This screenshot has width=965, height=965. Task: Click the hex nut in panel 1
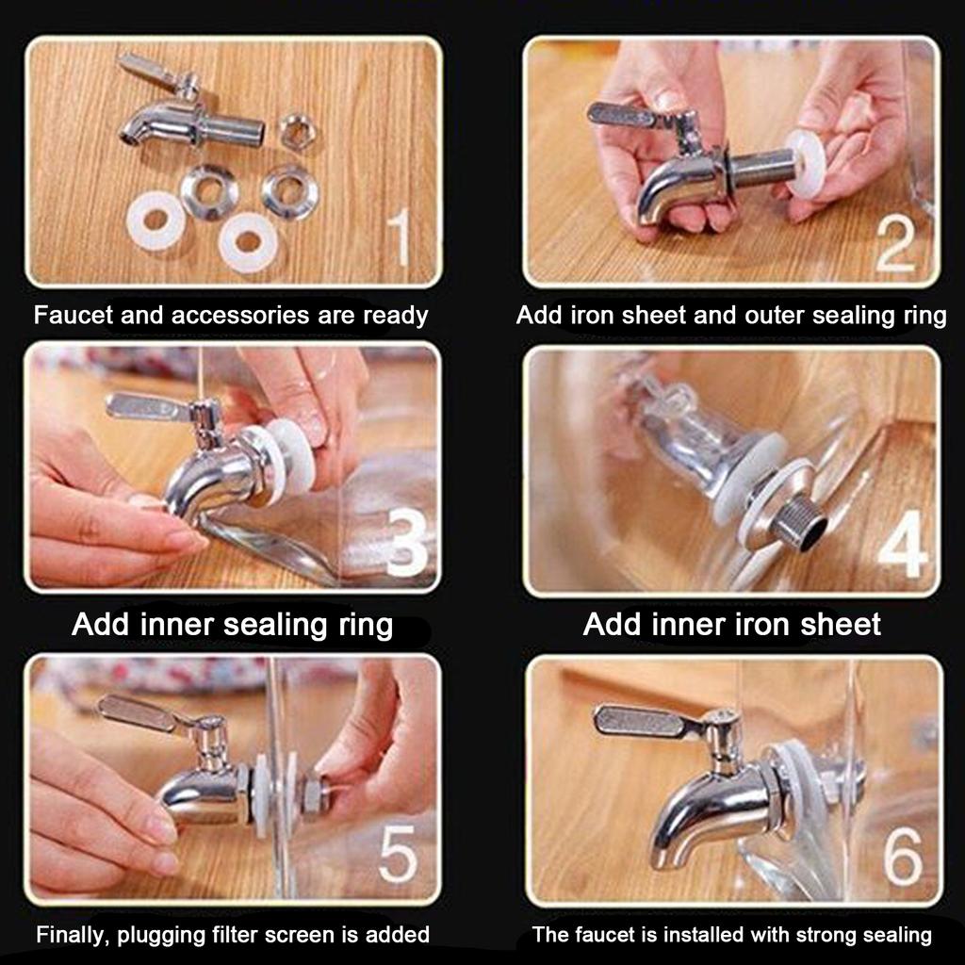tap(298, 130)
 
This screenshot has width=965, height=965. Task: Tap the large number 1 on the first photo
tap(400, 237)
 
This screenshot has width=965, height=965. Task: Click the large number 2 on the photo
tap(896, 244)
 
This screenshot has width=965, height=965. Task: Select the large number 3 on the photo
tap(407, 544)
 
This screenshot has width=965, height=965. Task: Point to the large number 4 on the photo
tap(903, 544)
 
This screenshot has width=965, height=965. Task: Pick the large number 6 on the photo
tap(903, 856)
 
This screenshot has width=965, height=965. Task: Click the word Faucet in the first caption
tap(74, 315)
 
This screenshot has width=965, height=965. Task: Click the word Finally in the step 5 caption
tap(73, 935)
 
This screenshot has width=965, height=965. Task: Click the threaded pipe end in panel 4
tap(800, 519)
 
